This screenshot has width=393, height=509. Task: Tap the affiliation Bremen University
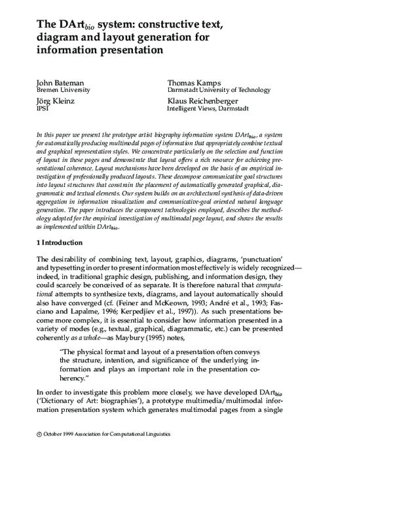(x=63, y=90)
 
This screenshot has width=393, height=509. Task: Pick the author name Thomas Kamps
(x=196, y=82)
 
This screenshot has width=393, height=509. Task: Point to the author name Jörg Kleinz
(x=57, y=102)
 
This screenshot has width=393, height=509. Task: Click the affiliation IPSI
(x=43, y=110)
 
